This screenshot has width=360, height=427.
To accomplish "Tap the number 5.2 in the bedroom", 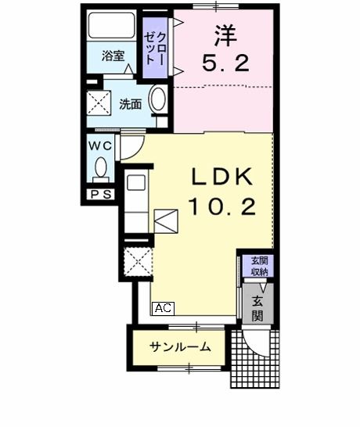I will click(x=224, y=65).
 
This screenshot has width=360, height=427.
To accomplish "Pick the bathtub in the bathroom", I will click(x=113, y=28).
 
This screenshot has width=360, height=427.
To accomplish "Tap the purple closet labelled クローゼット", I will click(x=155, y=47).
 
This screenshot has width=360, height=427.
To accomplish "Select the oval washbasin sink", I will click(x=158, y=102).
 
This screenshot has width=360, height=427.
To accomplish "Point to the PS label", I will click(x=99, y=194).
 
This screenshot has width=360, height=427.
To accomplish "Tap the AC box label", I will click(x=163, y=307).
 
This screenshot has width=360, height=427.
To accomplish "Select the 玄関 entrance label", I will click(x=257, y=305).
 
